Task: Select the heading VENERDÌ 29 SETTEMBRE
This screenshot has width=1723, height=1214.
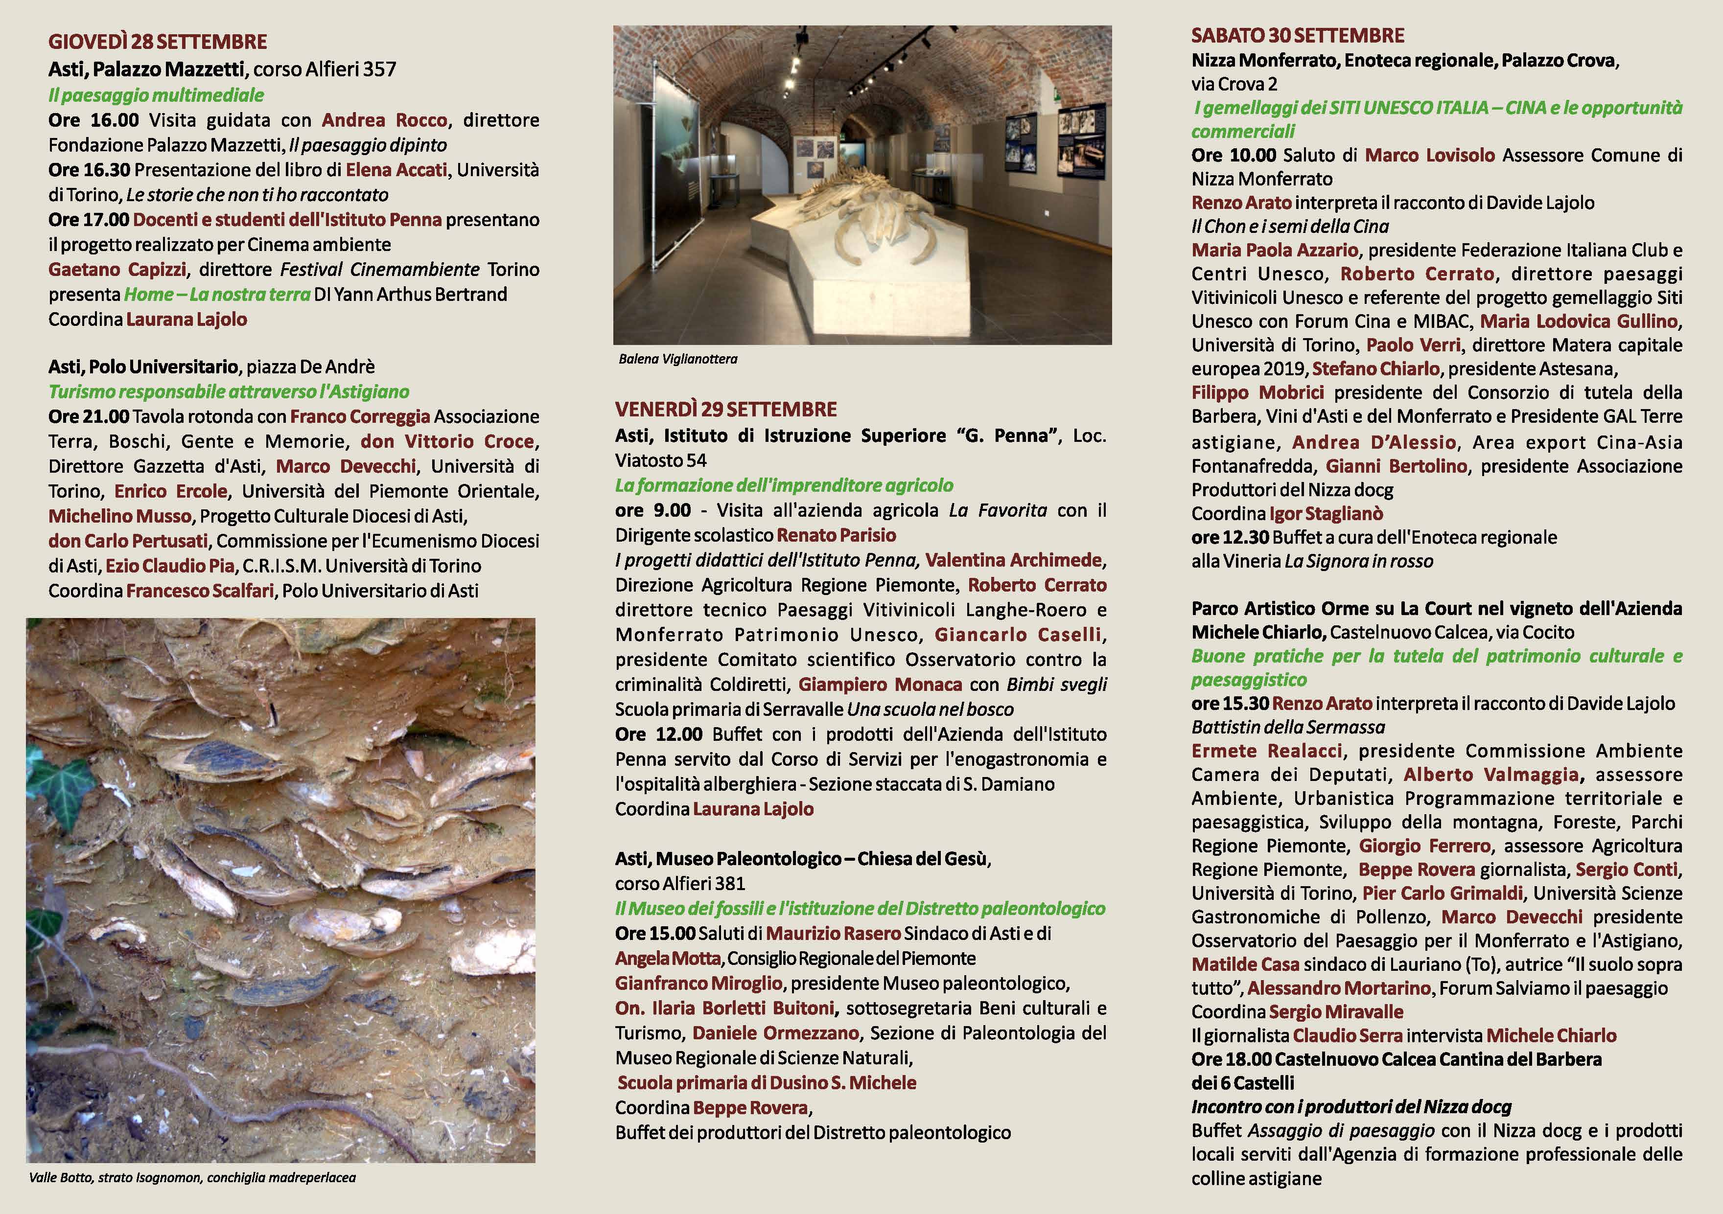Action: (726, 409)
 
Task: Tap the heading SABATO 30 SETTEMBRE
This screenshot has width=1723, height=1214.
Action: (1298, 35)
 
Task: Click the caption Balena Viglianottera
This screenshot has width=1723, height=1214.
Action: (677, 359)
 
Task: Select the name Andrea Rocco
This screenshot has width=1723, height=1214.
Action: (384, 120)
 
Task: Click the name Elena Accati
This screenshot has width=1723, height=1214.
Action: (396, 170)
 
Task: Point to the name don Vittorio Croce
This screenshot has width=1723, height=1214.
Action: (447, 441)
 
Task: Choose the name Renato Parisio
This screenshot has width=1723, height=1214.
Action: (836, 535)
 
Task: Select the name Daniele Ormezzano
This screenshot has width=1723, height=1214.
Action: (775, 1033)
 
